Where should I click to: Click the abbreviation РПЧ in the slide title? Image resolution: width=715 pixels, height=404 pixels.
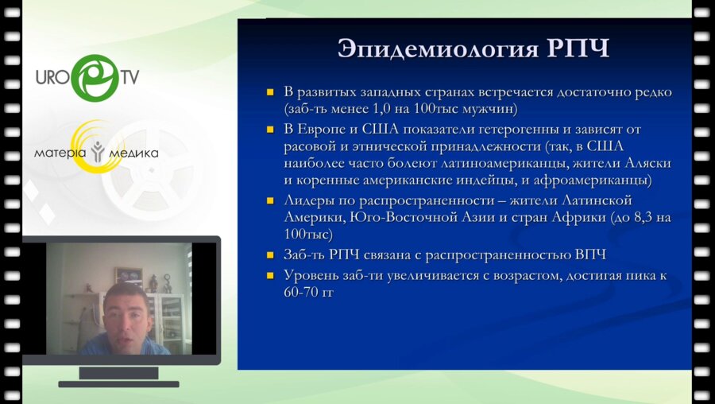(x=572, y=49)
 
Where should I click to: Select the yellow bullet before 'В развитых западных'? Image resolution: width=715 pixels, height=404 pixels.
(x=270, y=93)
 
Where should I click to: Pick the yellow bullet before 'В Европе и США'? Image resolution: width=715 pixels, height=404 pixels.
(x=270, y=129)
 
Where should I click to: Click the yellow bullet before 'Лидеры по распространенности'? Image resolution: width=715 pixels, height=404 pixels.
(x=270, y=200)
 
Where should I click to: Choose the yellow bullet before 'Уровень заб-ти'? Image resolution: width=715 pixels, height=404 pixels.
(x=270, y=275)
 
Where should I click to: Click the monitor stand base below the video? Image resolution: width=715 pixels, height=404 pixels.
(x=119, y=383)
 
